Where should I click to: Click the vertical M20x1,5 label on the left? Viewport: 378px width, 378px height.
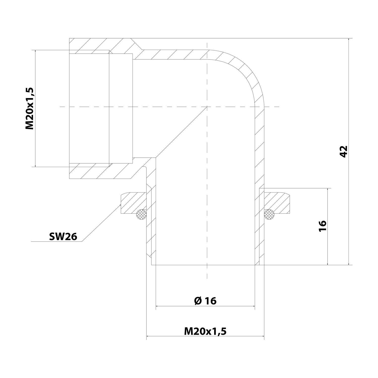[29, 109]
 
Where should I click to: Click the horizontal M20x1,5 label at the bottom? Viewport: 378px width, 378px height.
[205, 331]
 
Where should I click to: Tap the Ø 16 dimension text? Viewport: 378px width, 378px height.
[205, 300]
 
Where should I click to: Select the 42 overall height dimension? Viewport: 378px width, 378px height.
[344, 151]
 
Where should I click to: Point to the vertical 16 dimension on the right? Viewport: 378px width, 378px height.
[323, 226]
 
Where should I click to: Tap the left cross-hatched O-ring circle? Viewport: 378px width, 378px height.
[141, 214]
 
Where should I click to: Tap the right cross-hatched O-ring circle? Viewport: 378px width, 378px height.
[269, 214]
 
